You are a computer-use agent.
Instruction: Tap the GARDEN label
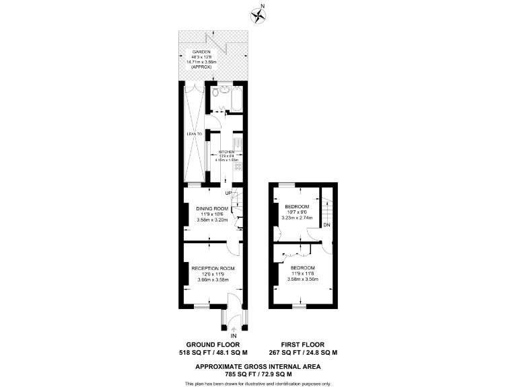pos(202,52)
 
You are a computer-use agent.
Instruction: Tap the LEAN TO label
pos(195,134)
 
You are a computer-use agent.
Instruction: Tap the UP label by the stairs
pos(228,194)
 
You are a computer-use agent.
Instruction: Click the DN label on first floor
pos(326,225)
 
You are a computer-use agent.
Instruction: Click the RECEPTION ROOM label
pos(213,269)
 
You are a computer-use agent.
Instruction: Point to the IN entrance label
pos(234,336)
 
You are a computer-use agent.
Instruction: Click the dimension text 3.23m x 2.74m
pos(296,218)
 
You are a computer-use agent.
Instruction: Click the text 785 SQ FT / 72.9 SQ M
pos(258,374)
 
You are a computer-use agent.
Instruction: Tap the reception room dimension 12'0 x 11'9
pos(213,274)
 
